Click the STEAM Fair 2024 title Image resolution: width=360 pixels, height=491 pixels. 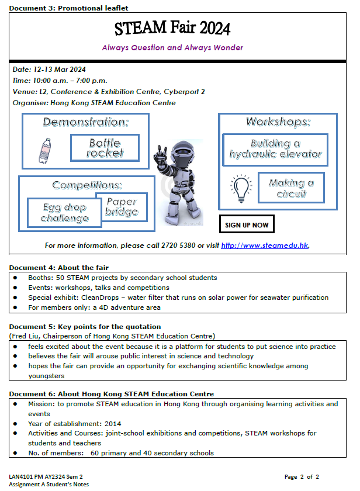[x=172, y=27]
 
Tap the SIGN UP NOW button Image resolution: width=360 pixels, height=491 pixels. [x=247, y=224]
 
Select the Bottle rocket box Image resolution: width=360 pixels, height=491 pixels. [x=105, y=148]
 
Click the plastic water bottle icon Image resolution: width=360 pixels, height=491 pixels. [x=44, y=150]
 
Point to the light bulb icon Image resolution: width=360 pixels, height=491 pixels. [x=240, y=188]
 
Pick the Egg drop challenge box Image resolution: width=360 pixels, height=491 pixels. [x=64, y=213]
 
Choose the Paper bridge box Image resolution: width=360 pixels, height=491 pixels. [x=122, y=206]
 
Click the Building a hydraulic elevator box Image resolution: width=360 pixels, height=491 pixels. [x=275, y=149]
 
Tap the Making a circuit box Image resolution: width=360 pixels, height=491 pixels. [x=291, y=188]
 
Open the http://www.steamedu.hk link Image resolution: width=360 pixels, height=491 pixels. [x=264, y=245]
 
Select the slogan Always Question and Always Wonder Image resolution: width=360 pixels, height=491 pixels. [x=172, y=47]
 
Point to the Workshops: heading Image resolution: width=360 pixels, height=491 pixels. [x=278, y=122]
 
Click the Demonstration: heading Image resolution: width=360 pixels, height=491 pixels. [x=85, y=122]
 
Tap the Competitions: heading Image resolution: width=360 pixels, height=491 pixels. [x=87, y=185]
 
